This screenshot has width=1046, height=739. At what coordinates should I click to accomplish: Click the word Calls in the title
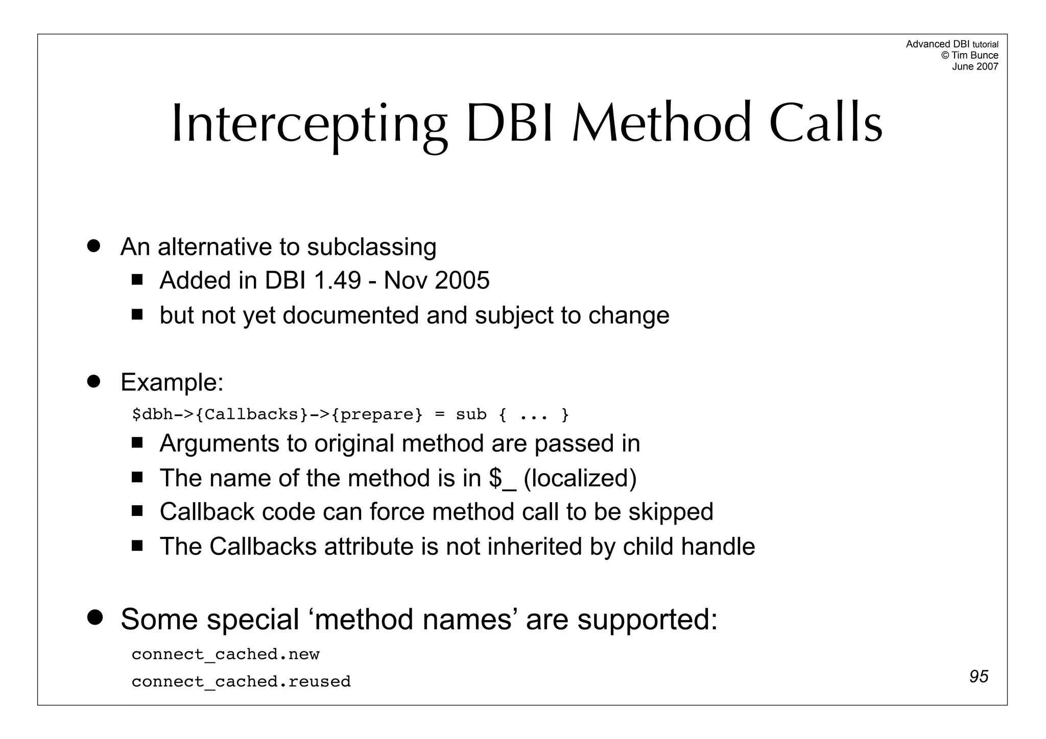pyautogui.click(x=825, y=124)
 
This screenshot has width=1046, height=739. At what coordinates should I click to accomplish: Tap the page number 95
pyautogui.click(x=979, y=676)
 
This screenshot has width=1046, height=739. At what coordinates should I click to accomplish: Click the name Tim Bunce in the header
pyautogui.click(x=974, y=55)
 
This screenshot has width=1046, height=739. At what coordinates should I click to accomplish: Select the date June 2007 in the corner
pyautogui.click(x=974, y=66)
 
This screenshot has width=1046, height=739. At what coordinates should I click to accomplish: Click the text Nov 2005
pyautogui.click(x=436, y=281)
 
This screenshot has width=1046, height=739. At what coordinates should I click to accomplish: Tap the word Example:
pyautogui.click(x=172, y=382)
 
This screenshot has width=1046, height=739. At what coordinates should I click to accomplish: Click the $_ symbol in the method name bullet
pyautogui.click(x=502, y=479)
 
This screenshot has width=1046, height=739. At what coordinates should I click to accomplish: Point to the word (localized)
pyautogui.click(x=580, y=479)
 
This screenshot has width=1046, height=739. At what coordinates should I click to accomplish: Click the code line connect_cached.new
pyautogui.click(x=225, y=654)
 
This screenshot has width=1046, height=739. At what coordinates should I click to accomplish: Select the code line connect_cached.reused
pyautogui.click(x=241, y=682)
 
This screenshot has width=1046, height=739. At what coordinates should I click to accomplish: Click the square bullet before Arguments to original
pyautogui.click(x=137, y=442)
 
